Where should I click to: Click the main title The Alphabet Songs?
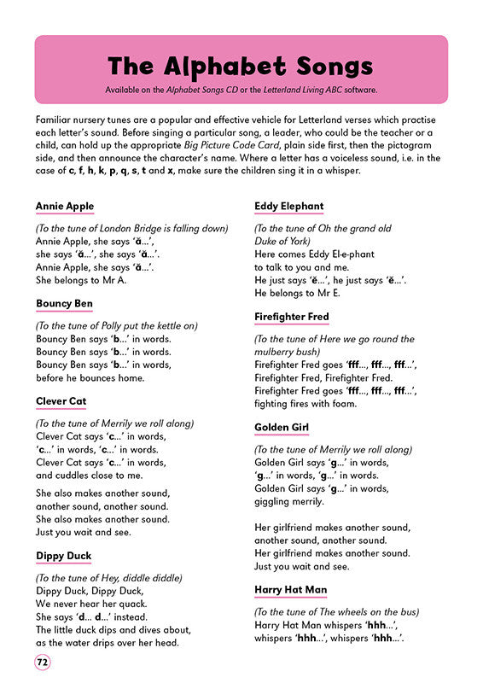(x=241, y=67)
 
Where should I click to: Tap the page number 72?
(x=43, y=662)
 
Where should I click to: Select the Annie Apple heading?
(x=65, y=207)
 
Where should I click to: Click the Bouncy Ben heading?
(x=64, y=304)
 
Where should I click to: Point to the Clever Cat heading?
(x=62, y=401)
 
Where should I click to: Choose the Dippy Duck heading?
(x=63, y=556)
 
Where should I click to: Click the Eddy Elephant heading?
(x=289, y=207)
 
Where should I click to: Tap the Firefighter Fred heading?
(x=292, y=317)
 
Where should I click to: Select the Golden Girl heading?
(x=282, y=427)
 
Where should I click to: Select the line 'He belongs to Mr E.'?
(x=298, y=293)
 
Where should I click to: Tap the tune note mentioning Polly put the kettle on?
(x=117, y=325)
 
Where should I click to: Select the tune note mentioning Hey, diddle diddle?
(x=109, y=578)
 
